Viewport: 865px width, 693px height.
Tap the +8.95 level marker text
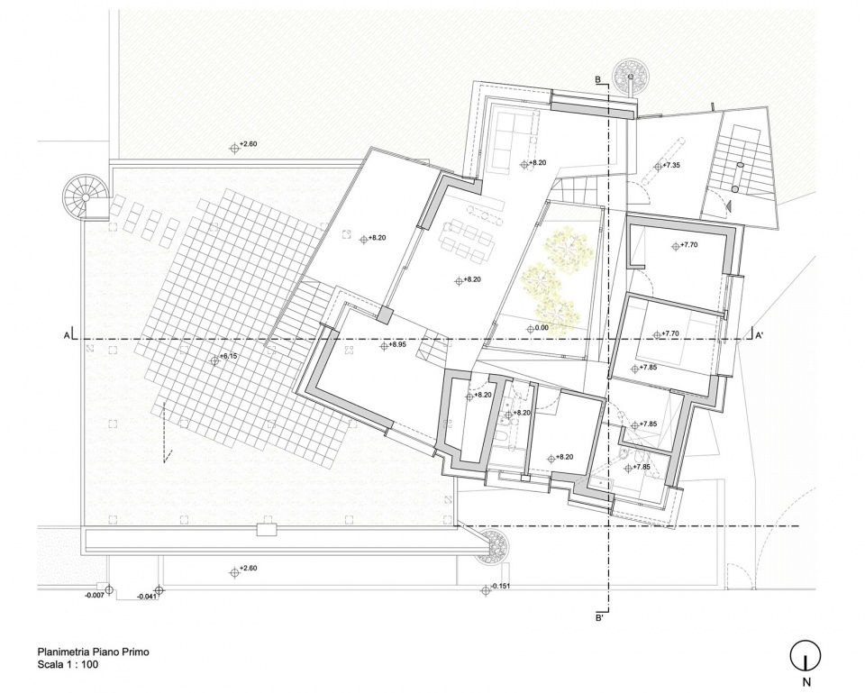pos(397,345)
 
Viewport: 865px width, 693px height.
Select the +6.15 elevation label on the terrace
pos(227,357)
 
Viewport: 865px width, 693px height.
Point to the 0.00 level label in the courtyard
pos(542,328)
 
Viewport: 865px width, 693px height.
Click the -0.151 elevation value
pos(500,586)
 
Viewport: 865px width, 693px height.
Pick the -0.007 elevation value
pos(95,596)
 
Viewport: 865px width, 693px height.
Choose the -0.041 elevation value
pos(146,597)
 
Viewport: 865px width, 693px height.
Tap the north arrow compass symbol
pos(806,656)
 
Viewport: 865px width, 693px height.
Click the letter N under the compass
pos(806,682)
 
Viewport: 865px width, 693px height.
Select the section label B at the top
pos(597,80)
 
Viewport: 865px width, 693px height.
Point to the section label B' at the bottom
pos(598,618)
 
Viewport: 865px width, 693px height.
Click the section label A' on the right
pos(759,335)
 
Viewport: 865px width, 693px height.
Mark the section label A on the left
pos(67,335)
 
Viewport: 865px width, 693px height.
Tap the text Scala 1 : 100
pos(68,664)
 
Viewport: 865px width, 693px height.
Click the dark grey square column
pos(385,315)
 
